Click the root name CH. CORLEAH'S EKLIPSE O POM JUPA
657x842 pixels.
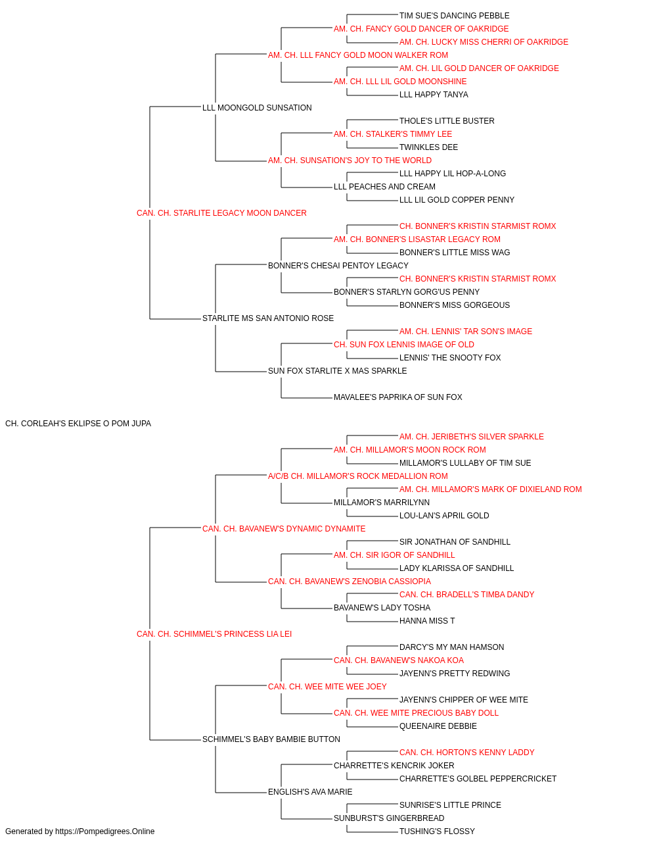coord(78,424)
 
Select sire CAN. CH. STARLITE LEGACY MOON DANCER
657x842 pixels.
coord(221,213)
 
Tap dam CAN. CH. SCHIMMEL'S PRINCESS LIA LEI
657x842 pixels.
coord(214,634)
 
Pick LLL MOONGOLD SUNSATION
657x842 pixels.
coord(257,108)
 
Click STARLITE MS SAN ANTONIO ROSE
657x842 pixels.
coord(268,318)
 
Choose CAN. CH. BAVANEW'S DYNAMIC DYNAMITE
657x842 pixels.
coord(284,528)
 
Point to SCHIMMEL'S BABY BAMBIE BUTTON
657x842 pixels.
coord(271,739)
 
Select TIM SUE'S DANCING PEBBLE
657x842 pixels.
coord(454,16)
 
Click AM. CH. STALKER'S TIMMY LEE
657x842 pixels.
coord(393,134)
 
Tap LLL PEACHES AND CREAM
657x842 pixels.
coord(384,187)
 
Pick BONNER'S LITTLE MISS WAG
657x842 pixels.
coord(455,253)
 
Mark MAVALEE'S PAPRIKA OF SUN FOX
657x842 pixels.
coord(397,397)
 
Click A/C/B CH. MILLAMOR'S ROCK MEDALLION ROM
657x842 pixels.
coord(358,476)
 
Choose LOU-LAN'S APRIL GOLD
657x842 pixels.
coord(444,516)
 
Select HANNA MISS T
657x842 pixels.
coord(427,621)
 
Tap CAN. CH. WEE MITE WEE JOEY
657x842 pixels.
coord(327,687)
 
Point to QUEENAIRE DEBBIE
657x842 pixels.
coord(438,726)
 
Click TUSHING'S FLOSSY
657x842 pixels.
coord(437,831)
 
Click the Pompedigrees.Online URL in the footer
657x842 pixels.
coord(105,831)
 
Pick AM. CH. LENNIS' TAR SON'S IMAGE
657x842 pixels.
coord(466,332)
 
